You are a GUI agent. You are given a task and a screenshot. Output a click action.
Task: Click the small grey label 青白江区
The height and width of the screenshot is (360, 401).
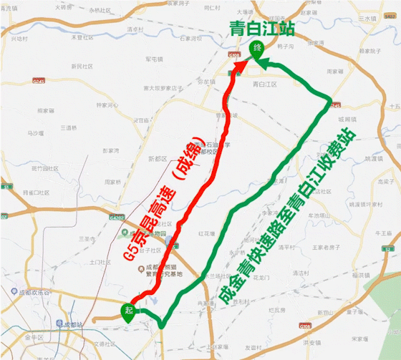click(265, 84)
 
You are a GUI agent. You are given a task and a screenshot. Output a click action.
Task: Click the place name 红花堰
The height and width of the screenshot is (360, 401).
click(206, 233)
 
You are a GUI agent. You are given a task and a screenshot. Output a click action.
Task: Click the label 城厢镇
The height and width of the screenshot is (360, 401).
click(344, 119)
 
